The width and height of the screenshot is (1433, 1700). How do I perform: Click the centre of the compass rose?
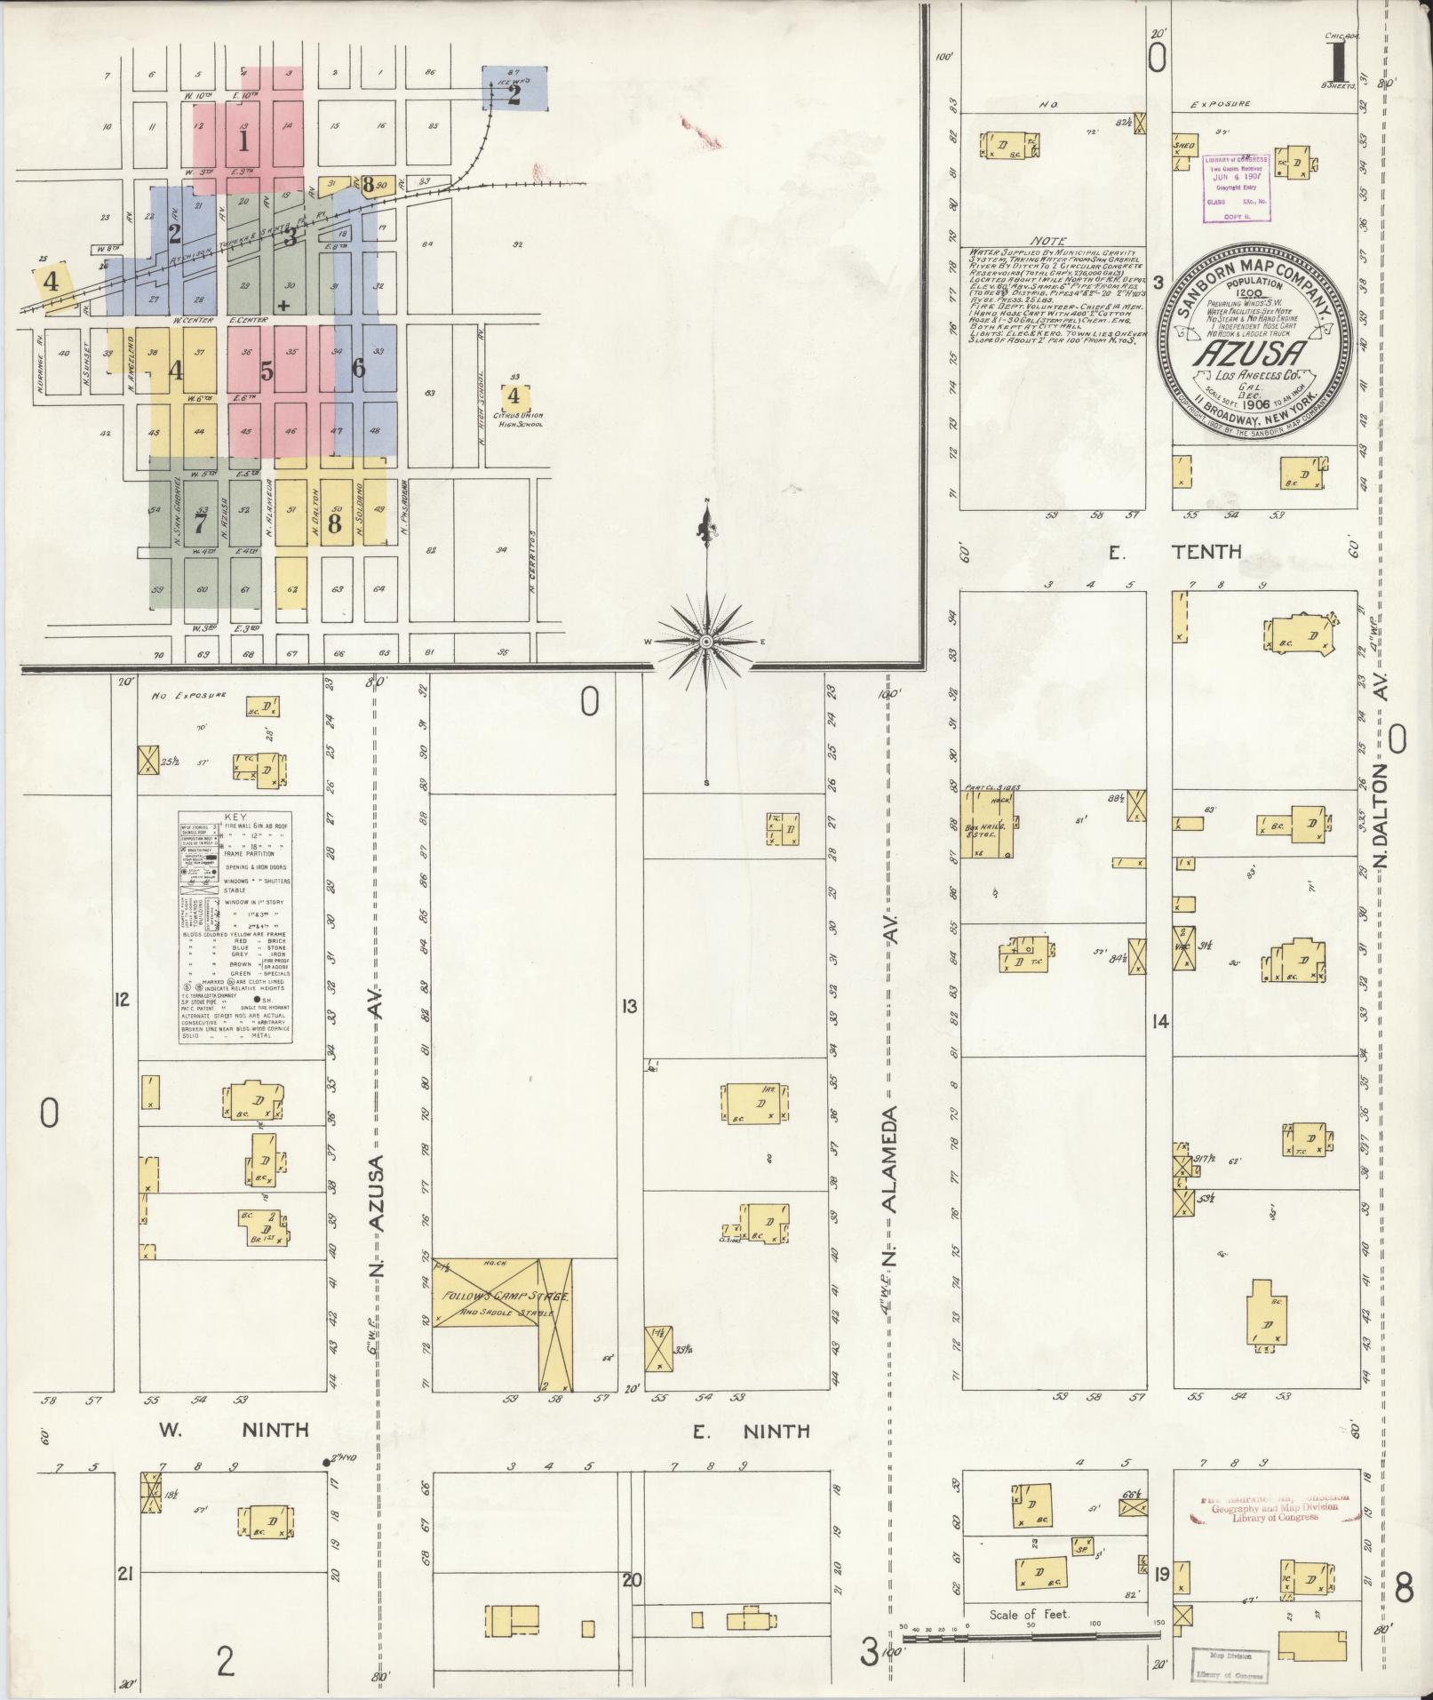point(706,641)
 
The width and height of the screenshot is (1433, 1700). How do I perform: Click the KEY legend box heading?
point(237,817)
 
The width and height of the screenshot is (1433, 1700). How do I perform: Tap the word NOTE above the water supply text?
point(1051,241)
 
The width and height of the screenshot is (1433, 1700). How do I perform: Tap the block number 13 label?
point(629,1007)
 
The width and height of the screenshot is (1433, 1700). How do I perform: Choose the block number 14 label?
point(1158,1022)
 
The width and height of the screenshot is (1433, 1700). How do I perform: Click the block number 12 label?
point(122,1000)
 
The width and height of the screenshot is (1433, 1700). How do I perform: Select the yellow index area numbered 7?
point(202,525)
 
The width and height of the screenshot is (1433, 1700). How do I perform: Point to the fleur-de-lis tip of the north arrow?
point(706,531)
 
